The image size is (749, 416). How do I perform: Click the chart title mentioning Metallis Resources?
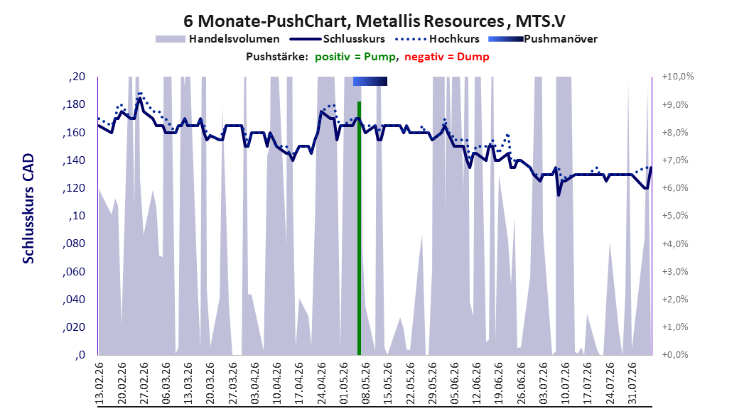tap(374, 21)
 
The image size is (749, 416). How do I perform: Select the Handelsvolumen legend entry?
tap(217, 39)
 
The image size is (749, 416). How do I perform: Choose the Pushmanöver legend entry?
tap(543, 39)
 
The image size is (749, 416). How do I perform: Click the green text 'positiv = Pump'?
tap(355, 57)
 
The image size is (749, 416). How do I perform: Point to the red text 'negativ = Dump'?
tap(447, 57)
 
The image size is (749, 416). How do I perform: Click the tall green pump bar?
tap(359, 228)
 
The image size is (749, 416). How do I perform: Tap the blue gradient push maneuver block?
tap(370, 81)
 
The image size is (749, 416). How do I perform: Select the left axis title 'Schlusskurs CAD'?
tap(28, 209)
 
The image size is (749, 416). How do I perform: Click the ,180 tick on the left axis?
tap(74, 104)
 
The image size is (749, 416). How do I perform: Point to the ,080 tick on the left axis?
tap(74, 243)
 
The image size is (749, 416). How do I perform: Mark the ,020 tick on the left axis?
tap(74, 327)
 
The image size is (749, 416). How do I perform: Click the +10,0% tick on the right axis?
tap(678, 77)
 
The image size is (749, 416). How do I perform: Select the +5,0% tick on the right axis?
tap(675, 216)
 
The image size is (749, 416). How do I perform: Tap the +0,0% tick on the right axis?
tap(675, 354)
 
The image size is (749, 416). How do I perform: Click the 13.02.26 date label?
tap(99, 383)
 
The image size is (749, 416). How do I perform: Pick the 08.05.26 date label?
tap(366, 383)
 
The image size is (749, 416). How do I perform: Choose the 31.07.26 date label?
tap(632, 383)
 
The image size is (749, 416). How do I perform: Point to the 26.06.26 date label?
tap(522, 383)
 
